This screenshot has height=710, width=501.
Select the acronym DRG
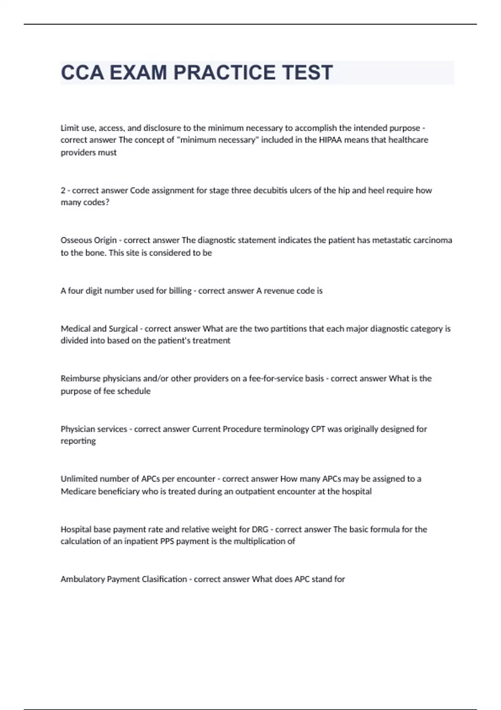[260, 530]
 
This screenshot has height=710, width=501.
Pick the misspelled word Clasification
[164, 579]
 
